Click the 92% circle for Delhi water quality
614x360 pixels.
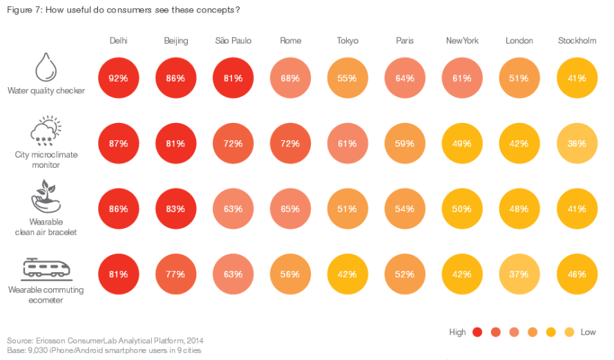[x=118, y=78]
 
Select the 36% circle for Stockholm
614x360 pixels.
[x=577, y=144]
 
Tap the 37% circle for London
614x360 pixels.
[x=519, y=274]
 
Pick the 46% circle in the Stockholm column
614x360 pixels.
[x=577, y=274]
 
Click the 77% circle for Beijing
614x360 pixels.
[x=175, y=274]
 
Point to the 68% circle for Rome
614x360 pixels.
[x=290, y=78]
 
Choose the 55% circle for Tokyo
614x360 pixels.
[x=347, y=78]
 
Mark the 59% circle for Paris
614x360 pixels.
[x=405, y=144]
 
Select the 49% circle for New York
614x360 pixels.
[x=462, y=144]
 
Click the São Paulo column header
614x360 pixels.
[x=233, y=41]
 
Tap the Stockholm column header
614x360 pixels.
[x=577, y=41]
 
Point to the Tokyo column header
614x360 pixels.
[x=347, y=41]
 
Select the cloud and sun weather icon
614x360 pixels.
[x=46, y=131]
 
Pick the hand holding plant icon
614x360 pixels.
[x=46, y=196]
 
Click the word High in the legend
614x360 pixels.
[x=457, y=332]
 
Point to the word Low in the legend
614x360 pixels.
[x=588, y=332]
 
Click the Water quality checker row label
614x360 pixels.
[x=46, y=91]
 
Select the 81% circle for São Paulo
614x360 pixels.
[x=233, y=78]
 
